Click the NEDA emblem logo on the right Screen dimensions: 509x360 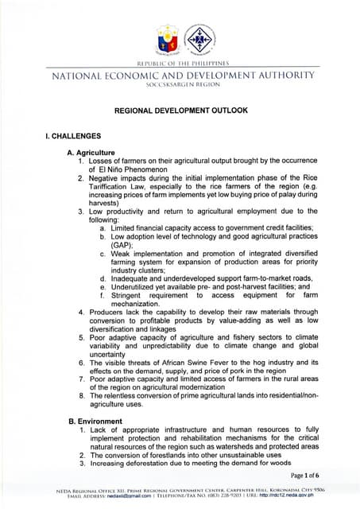click(x=198, y=38)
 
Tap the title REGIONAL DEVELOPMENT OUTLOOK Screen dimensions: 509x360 click(x=180, y=109)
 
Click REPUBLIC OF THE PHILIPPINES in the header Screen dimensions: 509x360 click(x=180, y=62)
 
